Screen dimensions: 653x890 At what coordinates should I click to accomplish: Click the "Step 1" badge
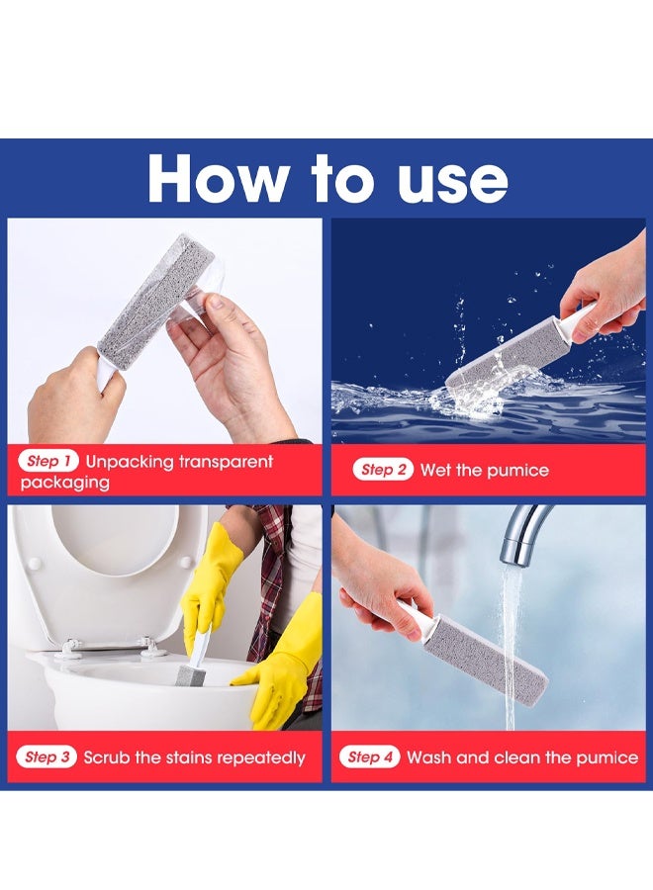click(x=48, y=461)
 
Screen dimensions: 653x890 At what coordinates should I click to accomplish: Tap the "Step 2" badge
click(x=383, y=470)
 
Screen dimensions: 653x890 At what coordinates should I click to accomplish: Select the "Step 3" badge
click(x=47, y=756)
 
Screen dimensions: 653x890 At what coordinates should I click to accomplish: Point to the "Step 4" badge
click(x=370, y=756)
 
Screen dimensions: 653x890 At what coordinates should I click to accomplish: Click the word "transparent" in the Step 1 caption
click(x=226, y=462)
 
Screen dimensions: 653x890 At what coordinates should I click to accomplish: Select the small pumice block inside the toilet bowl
click(x=190, y=676)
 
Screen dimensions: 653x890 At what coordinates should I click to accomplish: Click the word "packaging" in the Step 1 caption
click(x=64, y=483)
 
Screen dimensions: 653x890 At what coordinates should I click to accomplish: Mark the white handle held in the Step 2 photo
click(x=578, y=320)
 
